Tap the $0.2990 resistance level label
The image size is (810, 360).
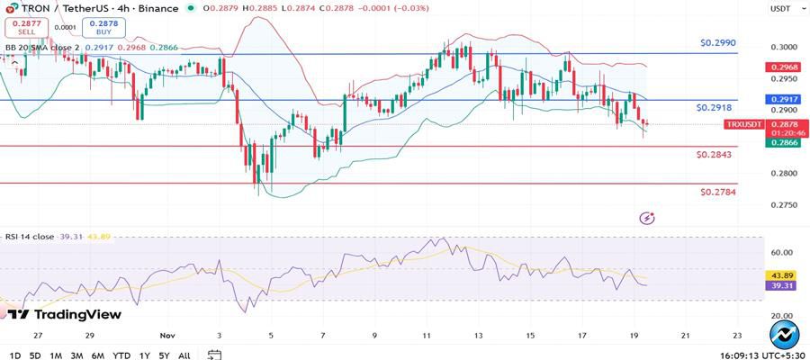pyautogui.click(x=719, y=43)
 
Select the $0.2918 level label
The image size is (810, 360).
pyautogui.click(x=715, y=107)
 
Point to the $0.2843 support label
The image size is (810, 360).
pyautogui.click(x=714, y=155)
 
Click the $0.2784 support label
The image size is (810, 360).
pyautogui.click(x=717, y=192)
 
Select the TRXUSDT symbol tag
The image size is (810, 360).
pyautogui.click(x=743, y=123)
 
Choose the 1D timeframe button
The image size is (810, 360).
pyautogui.click(x=14, y=355)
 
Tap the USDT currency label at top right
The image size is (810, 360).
pyautogui.click(x=779, y=8)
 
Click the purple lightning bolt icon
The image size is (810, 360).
pyautogui.click(x=646, y=218)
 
